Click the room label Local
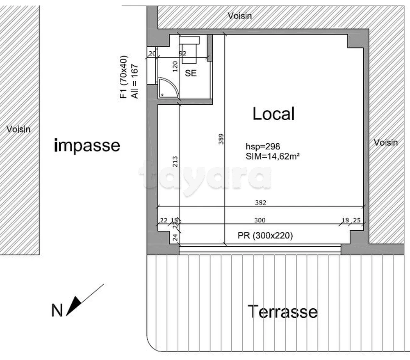pyautogui.click(x=273, y=114)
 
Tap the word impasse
pyautogui.click(x=87, y=145)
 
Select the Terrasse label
pyautogui.click(x=282, y=312)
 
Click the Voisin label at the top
pyautogui.click(x=239, y=16)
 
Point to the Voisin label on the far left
pyautogui.click(x=18, y=129)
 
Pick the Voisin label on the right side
pyautogui.click(x=386, y=142)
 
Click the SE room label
pyautogui.click(x=191, y=73)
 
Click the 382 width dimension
pyautogui.click(x=260, y=202)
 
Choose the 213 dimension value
pyautogui.click(x=175, y=163)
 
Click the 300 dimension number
pyautogui.click(x=260, y=220)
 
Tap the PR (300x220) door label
pyautogui.click(x=265, y=236)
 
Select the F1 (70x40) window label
pyautogui.click(x=123, y=77)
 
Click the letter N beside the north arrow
pyautogui.click(x=57, y=311)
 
